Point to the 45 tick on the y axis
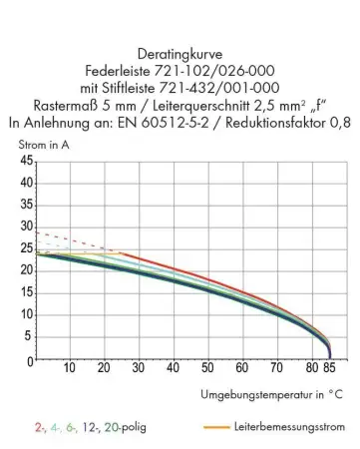26,162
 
